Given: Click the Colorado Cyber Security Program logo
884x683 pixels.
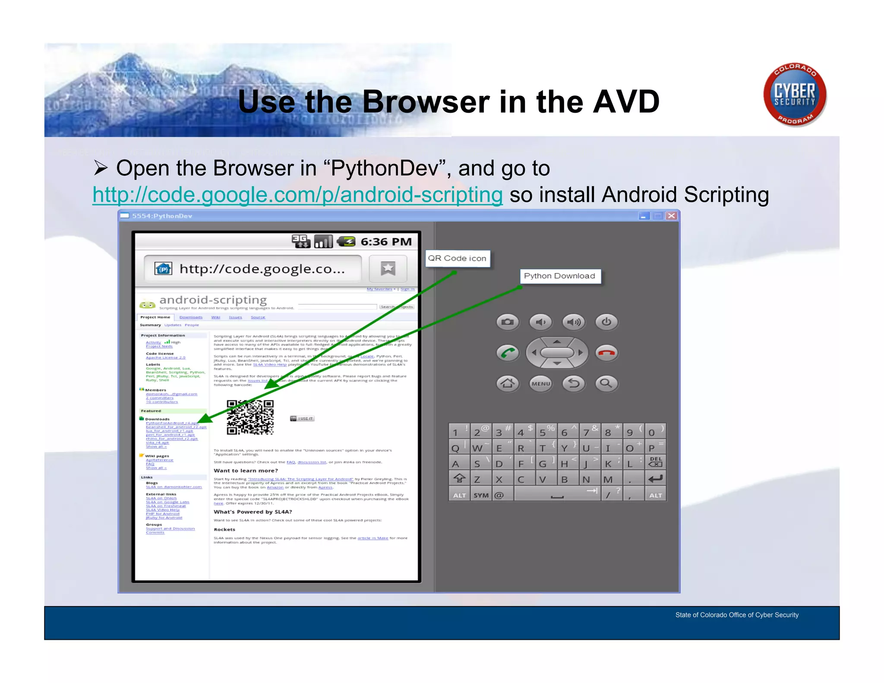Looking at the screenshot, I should point(795,95).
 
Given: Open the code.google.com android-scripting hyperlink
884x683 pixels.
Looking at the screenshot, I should point(297,195).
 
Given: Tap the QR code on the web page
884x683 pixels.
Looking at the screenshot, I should point(250,417).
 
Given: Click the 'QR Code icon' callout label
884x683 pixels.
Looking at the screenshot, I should point(457,258).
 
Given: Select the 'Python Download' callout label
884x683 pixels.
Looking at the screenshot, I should point(559,276).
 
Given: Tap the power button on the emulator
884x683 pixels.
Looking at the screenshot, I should point(606,322).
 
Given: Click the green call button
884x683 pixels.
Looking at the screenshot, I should point(508,353).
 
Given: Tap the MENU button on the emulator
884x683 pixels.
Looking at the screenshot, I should point(541,383).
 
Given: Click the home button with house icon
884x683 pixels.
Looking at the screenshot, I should point(508,383).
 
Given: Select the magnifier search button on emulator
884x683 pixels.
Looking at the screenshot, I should point(606,383).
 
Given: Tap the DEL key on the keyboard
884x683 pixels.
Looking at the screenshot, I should point(655,462).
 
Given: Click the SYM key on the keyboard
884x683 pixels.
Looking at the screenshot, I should point(481,495).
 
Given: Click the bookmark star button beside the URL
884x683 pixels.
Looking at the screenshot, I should point(388,269).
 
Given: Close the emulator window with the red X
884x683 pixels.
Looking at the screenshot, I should point(671,216).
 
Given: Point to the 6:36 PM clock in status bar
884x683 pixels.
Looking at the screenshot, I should point(386,242).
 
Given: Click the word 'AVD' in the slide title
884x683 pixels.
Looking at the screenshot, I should point(626,102).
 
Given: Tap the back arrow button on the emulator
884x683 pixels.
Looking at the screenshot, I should point(574,383).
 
